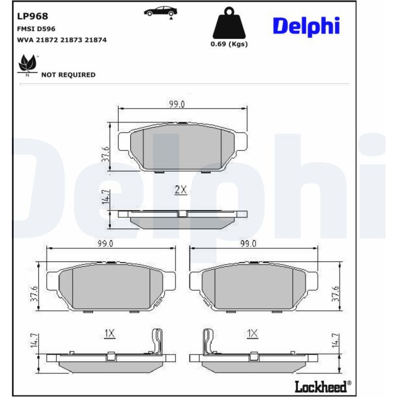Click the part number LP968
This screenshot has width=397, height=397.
point(33,16)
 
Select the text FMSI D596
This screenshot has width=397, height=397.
point(36,29)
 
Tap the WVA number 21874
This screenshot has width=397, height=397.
point(95,40)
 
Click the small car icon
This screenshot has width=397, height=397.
point(160,12)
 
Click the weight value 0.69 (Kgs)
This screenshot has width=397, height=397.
point(229,44)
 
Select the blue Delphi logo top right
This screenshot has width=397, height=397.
point(306,27)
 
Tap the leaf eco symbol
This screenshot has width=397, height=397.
point(27,65)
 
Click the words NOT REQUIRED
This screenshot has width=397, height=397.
point(68,75)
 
